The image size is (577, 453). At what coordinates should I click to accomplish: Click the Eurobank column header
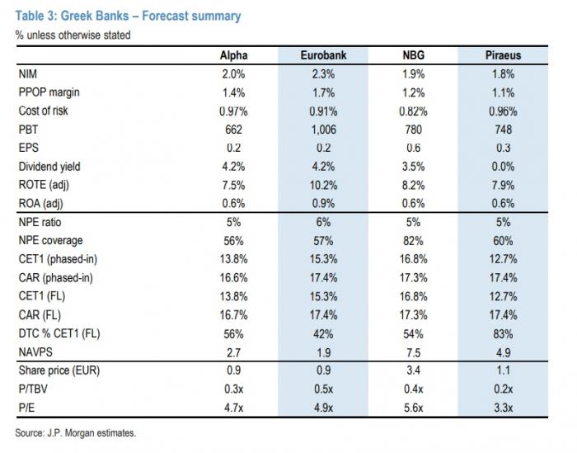(x=323, y=55)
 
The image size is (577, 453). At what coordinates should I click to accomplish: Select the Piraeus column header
(x=503, y=55)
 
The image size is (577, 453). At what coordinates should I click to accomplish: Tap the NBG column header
(x=413, y=55)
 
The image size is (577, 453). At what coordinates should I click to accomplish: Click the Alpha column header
(x=233, y=55)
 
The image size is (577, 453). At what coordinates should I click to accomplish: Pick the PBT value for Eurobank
(x=323, y=130)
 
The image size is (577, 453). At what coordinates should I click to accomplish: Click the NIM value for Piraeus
(x=503, y=74)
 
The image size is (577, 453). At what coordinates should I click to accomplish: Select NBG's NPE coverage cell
(x=413, y=241)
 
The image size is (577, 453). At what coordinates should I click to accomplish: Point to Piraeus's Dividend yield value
(x=503, y=167)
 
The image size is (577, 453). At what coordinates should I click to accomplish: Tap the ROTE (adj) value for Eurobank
(x=323, y=185)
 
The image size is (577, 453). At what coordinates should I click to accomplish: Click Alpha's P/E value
(x=233, y=408)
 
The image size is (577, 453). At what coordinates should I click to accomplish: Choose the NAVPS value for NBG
(x=413, y=352)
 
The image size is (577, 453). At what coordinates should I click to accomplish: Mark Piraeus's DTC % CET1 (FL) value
(x=503, y=334)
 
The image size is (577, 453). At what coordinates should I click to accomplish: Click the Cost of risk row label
(x=43, y=111)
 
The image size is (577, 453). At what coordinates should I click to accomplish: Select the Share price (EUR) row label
(x=59, y=370)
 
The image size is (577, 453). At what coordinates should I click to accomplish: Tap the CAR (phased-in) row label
(x=55, y=278)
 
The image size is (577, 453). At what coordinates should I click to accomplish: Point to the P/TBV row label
(x=33, y=389)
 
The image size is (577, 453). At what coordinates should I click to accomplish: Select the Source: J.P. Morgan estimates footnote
(x=76, y=432)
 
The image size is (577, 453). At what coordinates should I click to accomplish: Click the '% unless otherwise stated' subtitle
(x=73, y=35)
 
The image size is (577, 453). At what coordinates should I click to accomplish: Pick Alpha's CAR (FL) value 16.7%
(x=233, y=315)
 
